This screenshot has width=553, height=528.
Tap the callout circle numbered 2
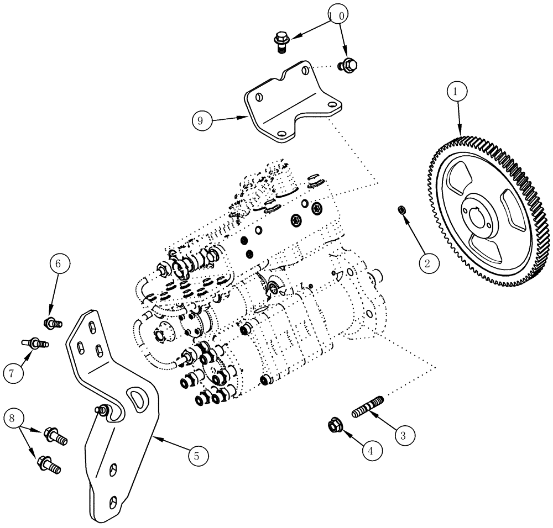coord(427,263)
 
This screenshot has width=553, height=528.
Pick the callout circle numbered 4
coord(372,450)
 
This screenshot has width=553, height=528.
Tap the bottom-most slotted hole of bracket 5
coord(113,503)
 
